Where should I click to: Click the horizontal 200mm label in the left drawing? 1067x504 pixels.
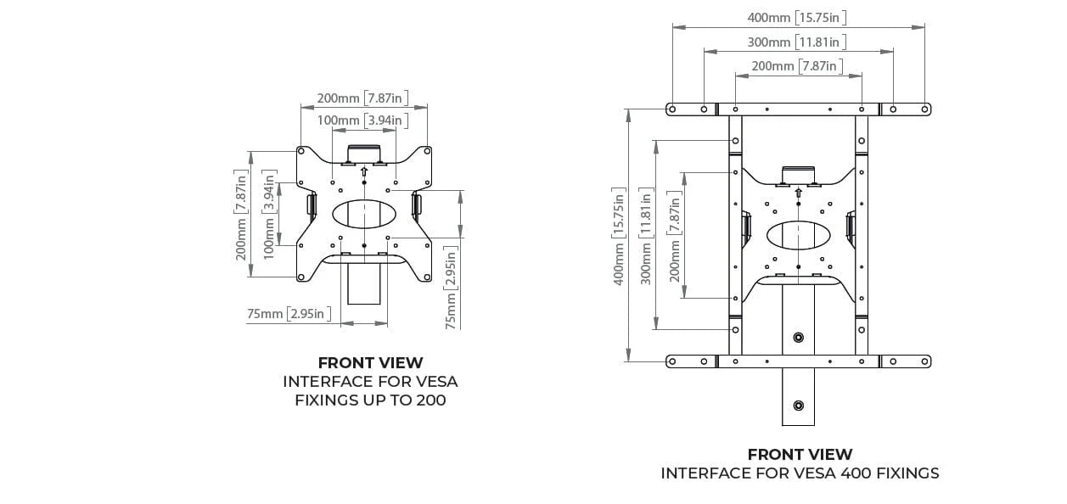tap(362, 98)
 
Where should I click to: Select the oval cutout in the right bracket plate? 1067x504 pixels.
tap(798, 234)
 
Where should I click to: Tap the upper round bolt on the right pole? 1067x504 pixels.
tap(798, 338)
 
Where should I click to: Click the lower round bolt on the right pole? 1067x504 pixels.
tap(798, 404)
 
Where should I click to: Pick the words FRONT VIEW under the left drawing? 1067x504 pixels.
tap(370, 363)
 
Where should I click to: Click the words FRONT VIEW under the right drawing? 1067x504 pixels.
tap(800, 455)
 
